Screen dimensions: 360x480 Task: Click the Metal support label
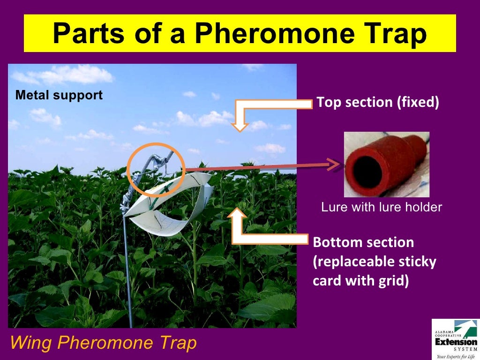point(59,95)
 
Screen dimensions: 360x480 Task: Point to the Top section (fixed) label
point(378,102)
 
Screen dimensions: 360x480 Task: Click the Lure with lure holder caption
point(381,207)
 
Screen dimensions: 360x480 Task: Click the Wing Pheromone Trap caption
point(103,343)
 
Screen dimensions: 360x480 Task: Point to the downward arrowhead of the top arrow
point(240,125)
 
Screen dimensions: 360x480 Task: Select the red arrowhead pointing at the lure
point(334,165)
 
